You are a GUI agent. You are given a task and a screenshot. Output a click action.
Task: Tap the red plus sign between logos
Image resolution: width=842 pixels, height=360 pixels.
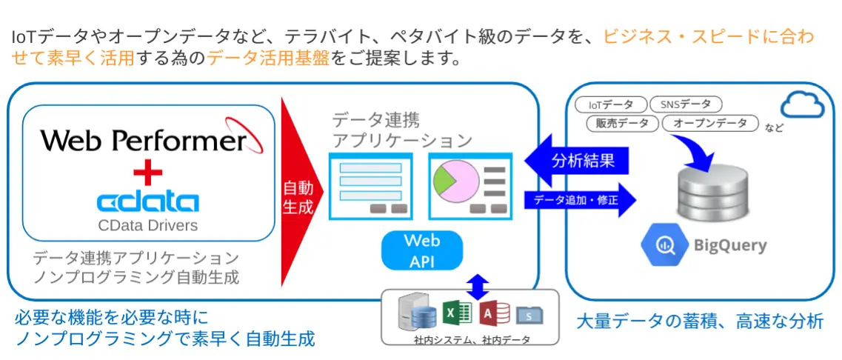tap(147, 174)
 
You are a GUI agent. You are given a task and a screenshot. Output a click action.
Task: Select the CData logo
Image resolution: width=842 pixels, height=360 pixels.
tap(147, 201)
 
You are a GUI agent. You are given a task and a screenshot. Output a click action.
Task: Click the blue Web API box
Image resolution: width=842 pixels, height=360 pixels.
tap(421, 250)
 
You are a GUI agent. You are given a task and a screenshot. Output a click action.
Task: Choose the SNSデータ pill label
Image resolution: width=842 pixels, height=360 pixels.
tap(685, 106)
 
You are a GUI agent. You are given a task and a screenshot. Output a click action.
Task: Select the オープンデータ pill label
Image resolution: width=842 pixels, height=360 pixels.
tap(710, 124)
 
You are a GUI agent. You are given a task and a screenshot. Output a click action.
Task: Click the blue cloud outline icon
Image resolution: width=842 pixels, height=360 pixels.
tap(801, 106)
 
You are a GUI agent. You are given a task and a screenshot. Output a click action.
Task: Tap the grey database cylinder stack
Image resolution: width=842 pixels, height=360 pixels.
tap(709, 195)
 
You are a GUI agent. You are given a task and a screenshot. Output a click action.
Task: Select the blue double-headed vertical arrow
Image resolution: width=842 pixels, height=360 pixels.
tap(478, 285)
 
